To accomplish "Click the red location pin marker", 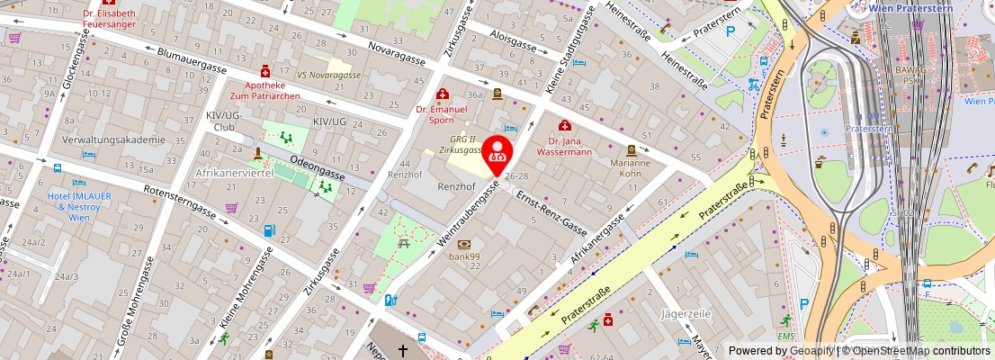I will pyautogui.click(x=498, y=153).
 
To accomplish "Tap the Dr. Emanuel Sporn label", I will pyautogui.click(x=441, y=114).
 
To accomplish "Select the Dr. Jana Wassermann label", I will pyautogui.click(x=564, y=146).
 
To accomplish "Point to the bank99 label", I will pyautogui.click(x=463, y=257).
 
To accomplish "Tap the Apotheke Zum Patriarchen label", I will pyautogui.click(x=265, y=87).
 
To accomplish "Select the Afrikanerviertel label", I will pyautogui.click(x=234, y=173).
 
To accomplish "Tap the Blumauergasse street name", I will pyautogui.click(x=191, y=60).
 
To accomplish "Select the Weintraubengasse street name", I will pyautogui.click(x=467, y=214).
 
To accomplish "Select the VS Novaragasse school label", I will pyautogui.click(x=328, y=75).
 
